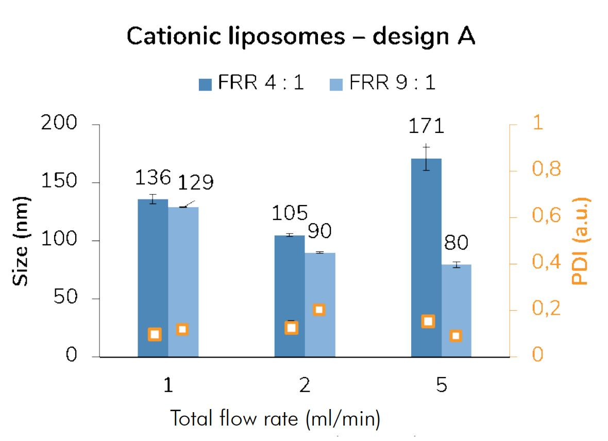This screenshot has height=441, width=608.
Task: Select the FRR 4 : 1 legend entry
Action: pyautogui.click(x=251, y=84)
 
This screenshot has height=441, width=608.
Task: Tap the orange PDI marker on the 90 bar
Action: pyautogui.click(x=319, y=310)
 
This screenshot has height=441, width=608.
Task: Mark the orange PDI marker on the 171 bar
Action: pyautogui.click(x=428, y=321)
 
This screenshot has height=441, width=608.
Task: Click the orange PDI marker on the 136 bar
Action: pyautogui.click(x=155, y=334)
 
